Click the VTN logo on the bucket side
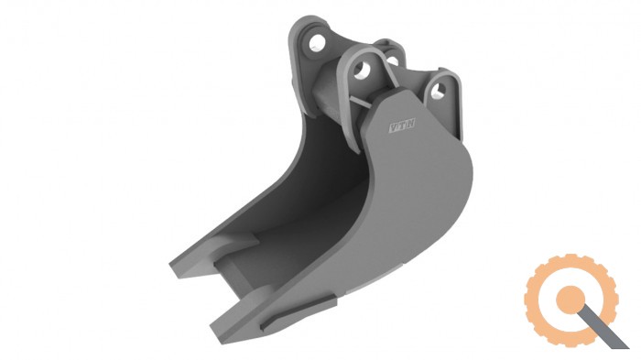tap(401, 125)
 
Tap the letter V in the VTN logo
tap(393, 127)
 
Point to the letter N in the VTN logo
tap(410, 123)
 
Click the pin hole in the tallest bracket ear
tap(317, 42)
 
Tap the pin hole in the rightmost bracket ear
tap(439, 91)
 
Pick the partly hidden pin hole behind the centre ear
tap(393, 60)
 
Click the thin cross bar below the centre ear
tap(361, 103)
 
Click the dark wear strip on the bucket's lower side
tap(298, 313)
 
